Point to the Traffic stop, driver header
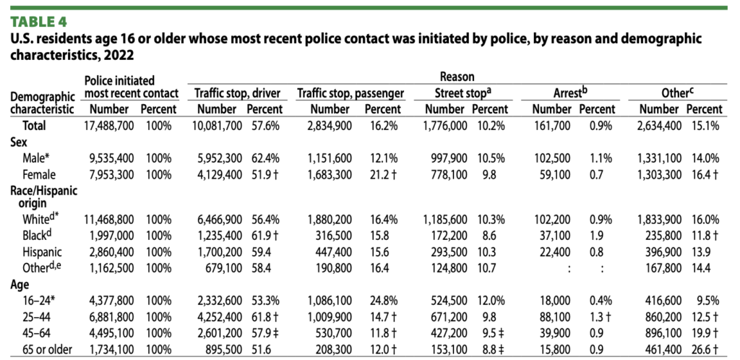coord(238,93)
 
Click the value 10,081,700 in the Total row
coord(216,125)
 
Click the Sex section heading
coord(19,142)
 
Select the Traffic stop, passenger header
coord(350,93)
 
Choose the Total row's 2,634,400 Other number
coord(658,125)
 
